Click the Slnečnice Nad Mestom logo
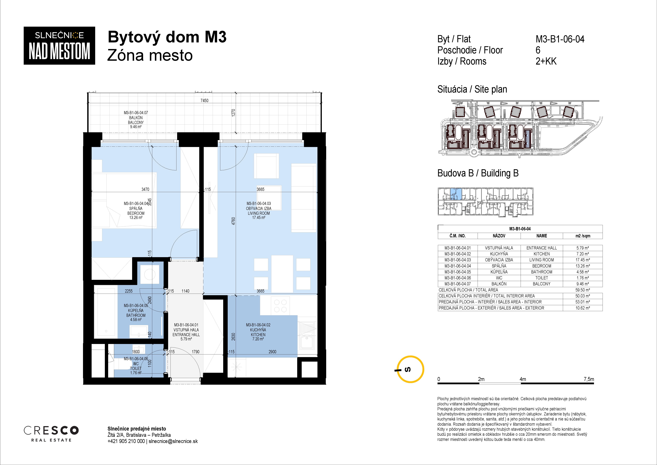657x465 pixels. pos(59,46)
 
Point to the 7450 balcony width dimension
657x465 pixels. pos(204,101)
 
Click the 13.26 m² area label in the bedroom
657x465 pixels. pos(136,218)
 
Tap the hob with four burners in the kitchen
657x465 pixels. pos(280,306)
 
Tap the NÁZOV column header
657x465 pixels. pos(499,236)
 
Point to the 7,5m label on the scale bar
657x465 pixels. pos(589,379)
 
